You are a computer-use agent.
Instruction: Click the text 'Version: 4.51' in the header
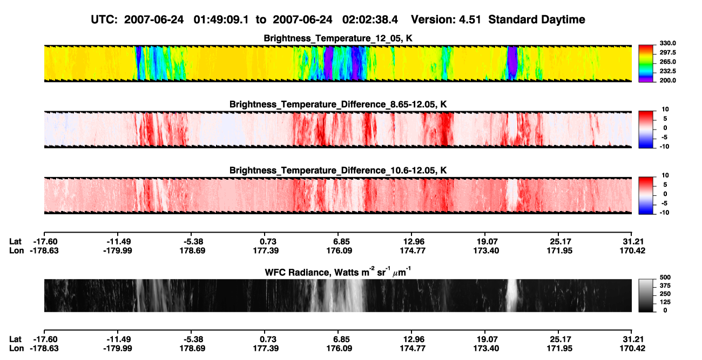coord(446,20)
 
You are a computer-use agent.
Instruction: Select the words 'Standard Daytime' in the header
coord(537,20)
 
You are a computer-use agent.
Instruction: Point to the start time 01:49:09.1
coord(221,20)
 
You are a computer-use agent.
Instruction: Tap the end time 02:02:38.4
coord(370,20)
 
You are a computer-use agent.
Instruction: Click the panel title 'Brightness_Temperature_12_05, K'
coord(338,38)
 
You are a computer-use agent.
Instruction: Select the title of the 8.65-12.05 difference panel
coord(338,104)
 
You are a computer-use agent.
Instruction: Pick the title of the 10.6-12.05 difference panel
coord(338,171)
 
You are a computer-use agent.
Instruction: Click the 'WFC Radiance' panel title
coord(338,272)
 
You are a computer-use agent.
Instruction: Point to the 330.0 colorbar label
coord(667,43)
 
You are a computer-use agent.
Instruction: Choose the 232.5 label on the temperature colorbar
coord(667,71)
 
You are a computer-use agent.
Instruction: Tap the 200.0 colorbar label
coord(667,80)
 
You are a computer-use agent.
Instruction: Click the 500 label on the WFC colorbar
coord(665,277)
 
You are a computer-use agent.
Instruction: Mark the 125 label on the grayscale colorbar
coord(665,302)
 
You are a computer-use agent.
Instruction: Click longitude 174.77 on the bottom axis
coord(413,349)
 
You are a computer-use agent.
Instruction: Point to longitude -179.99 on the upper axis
coord(118,250)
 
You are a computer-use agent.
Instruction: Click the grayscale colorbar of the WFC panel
coord(646,295)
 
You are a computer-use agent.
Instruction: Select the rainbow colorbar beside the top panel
coord(646,64)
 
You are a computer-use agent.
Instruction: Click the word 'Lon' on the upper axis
coord(17,250)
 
